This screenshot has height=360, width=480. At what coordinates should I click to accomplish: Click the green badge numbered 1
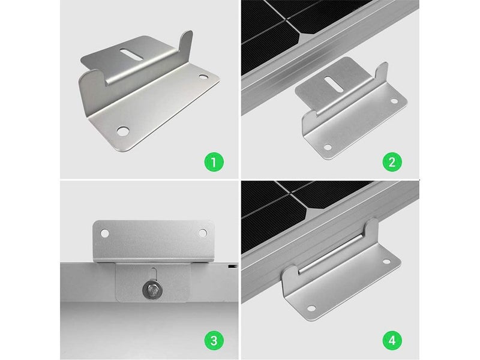tap(214, 161)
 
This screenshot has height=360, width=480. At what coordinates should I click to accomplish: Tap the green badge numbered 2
tap(392, 161)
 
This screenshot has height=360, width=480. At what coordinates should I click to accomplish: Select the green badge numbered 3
tap(214, 340)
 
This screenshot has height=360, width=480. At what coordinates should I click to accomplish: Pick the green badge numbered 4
tap(392, 340)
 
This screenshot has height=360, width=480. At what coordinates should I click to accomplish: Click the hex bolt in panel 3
tap(152, 290)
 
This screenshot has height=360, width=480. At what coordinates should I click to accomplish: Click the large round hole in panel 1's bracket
tap(123, 131)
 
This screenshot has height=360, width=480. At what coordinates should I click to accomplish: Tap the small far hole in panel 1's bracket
tap(203, 77)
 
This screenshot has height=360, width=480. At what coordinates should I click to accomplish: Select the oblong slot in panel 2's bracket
tap(334, 84)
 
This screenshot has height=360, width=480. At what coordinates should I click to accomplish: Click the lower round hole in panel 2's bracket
tap(328, 148)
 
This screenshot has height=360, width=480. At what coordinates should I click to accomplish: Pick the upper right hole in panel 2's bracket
tap(394, 101)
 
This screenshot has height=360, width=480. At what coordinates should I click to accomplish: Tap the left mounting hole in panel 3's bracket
tap(104, 233)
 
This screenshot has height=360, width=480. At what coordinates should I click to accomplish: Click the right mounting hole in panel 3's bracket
tap(202, 233)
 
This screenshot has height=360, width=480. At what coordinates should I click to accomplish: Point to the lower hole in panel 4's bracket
tap(311, 308)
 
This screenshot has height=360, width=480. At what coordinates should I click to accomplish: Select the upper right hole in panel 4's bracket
tap(386, 262)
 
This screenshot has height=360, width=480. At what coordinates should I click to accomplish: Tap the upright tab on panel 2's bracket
tap(382, 74)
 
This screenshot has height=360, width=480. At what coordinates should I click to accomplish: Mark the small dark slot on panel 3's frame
tap(232, 266)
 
